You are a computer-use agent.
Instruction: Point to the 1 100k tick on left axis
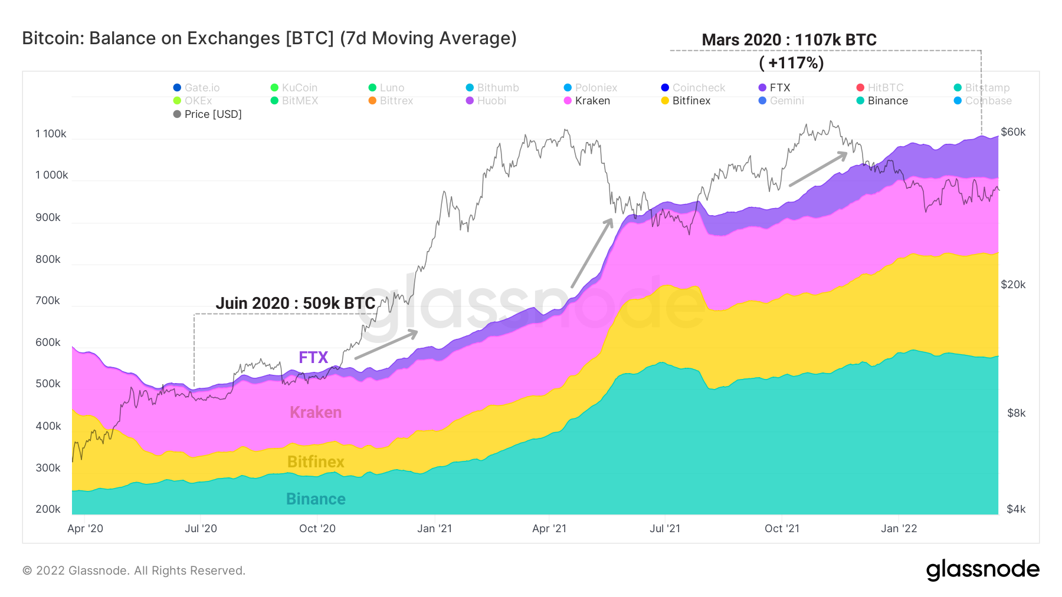coord(51,134)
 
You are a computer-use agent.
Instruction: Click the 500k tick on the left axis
coord(48,384)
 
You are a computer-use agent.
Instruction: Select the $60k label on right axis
coord(1013,132)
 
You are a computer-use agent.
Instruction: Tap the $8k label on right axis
coord(1016,413)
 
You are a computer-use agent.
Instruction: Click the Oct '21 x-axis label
coord(782,529)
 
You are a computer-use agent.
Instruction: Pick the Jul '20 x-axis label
coord(201,529)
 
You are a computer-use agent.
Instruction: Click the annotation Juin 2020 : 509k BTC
coord(295,303)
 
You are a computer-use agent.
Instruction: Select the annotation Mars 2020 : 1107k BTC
coord(789,39)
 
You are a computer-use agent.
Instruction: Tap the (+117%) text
coord(791,62)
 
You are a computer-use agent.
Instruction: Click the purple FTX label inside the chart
coord(313,357)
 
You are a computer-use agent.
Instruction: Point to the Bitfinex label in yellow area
coord(316,461)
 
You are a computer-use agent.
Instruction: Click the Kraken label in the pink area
coord(316,412)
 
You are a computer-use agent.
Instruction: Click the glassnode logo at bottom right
coord(982,569)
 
